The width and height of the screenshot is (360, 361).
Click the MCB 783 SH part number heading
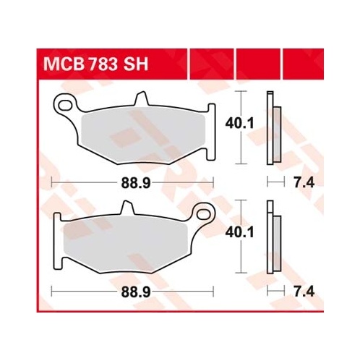pos(95,64)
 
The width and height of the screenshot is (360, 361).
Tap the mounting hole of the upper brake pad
pos(65,105)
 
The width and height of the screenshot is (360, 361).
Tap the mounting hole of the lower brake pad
pos(204,213)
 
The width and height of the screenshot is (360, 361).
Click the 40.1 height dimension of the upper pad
pos(239,124)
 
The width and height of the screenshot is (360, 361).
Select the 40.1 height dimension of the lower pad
pos(239,233)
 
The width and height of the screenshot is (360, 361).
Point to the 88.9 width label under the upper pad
pos(136,183)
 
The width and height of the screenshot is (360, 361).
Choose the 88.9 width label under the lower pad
pos(136,292)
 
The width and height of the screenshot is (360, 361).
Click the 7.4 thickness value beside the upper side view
pos(304,183)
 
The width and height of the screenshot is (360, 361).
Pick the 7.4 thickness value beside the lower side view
pos(304,292)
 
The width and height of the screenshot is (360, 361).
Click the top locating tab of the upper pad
pos(142,98)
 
